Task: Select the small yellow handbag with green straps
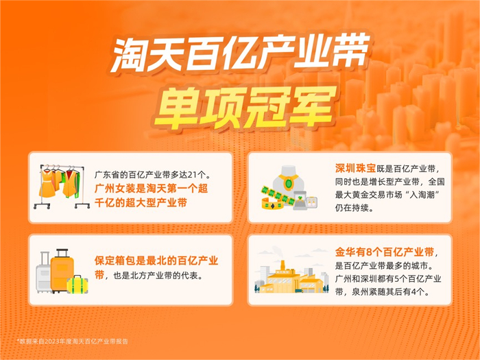click(77, 284)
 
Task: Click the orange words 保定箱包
click(113, 261)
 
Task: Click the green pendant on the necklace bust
click(286, 184)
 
